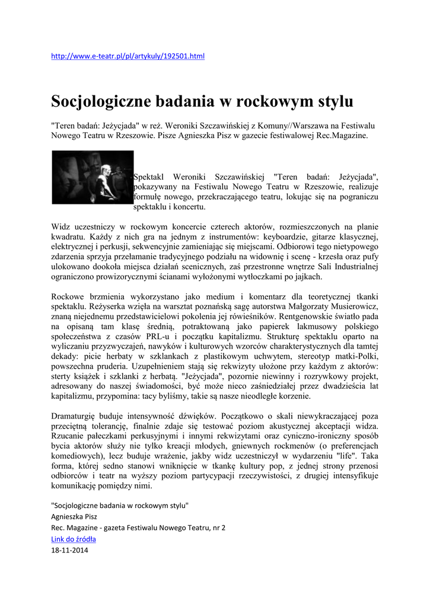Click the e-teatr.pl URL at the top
pos(128,56)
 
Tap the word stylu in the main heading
pos(333,101)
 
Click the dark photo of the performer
pos(93,177)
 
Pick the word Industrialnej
pos(351,267)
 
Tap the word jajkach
pos(305,277)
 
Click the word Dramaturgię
pos(76,417)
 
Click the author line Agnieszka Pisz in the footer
pos(74,516)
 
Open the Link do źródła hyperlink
pos(74,539)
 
